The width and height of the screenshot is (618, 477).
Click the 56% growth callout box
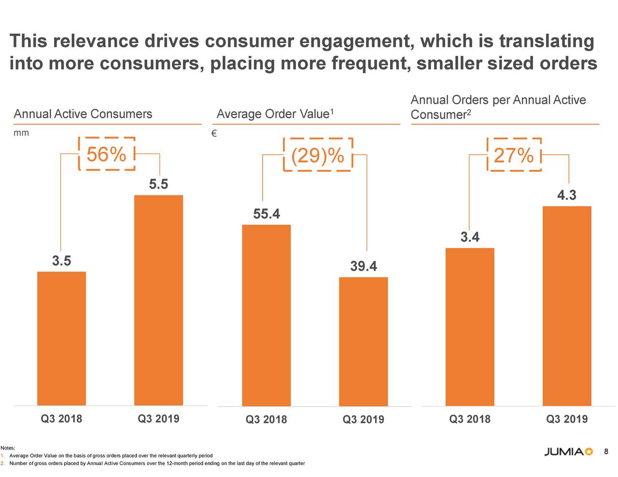[x=106, y=154]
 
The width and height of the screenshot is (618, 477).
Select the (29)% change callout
[x=318, y=155]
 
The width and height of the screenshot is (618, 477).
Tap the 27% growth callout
[x=514, y=155]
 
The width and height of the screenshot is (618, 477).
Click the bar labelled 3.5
[x=61, y=338]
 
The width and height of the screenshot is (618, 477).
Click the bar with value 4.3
[x=567, y=306]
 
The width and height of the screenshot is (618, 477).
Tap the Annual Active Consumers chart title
[x=83, y=114]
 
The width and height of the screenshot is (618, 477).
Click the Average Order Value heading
[x=275, y=114]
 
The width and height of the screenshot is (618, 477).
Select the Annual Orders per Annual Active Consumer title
[x=498, y=107]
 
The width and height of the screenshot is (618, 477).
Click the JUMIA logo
[x=568, y=452]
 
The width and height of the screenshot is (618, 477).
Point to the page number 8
[x=606, y=451]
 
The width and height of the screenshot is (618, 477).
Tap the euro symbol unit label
[x=214, y=134]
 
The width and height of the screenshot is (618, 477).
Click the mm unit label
[x=21, y=133]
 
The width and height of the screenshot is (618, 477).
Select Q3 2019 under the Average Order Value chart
[x=363, y=420]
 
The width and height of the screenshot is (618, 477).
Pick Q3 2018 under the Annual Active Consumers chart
[x=61, y=419]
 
